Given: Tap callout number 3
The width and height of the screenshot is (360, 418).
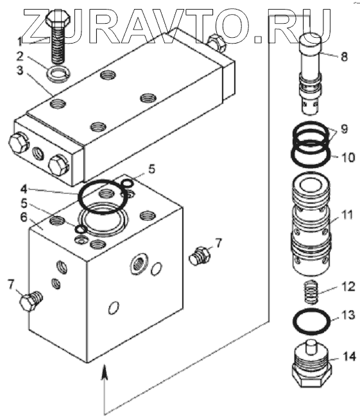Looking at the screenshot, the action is pos(21,71).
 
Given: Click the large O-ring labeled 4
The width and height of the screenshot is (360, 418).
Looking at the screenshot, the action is pos(102,197).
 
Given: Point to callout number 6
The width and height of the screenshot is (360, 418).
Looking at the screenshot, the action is pos(24,217).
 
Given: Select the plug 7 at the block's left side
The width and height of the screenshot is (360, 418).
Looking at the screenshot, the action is pos(31,301).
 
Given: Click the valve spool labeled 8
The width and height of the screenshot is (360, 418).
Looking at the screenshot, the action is pos(311,75).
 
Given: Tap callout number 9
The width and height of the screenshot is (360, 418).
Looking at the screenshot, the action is pos(344,129).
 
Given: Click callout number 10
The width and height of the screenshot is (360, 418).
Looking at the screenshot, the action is pos(348,157).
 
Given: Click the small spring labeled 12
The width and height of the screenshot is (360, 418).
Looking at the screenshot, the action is pos(311,292).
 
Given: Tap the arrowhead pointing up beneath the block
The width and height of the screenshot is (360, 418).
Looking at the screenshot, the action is pos(105,371).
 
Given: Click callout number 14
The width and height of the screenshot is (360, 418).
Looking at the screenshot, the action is pos(348,356).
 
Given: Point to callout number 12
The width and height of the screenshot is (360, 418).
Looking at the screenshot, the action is pos(348,287).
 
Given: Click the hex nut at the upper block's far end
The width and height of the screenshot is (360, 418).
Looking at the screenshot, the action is pos(217,43).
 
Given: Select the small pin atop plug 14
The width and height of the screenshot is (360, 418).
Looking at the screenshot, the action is pos(311,346).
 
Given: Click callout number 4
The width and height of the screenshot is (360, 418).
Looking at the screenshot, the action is pos(24,190).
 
